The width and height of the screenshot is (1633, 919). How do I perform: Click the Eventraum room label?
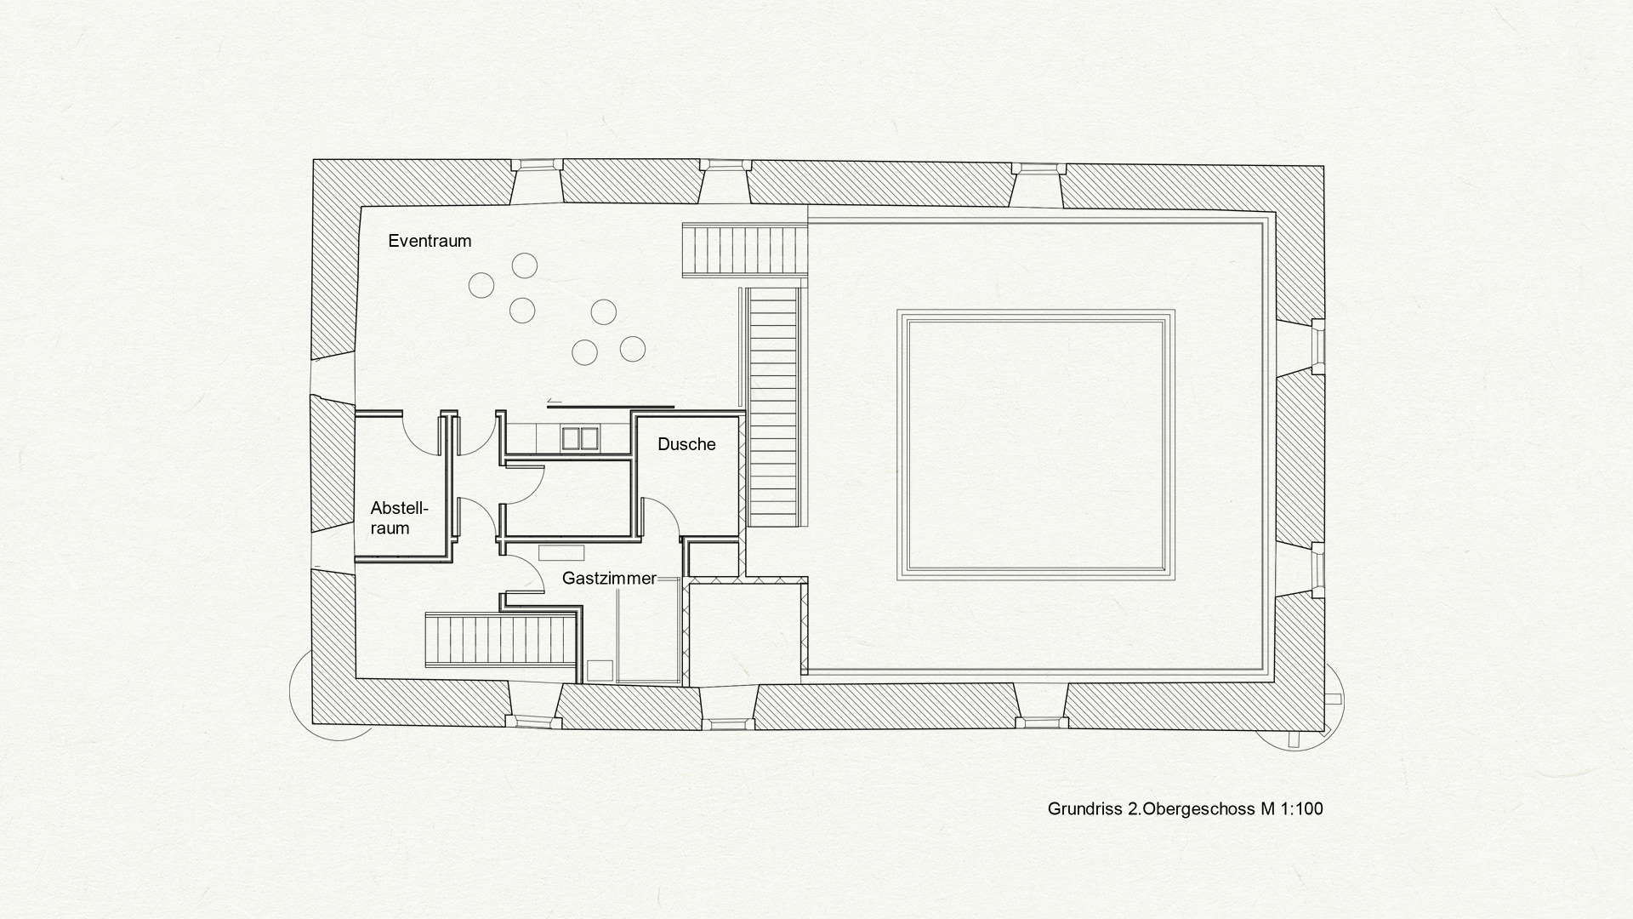click(430, 241)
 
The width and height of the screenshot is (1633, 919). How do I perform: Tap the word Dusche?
click(686, 444)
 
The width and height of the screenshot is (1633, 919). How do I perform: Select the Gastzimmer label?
click(609, 579)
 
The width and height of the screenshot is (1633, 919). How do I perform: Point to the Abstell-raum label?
click(399, 518)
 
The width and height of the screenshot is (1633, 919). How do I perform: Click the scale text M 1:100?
click(1292, 808)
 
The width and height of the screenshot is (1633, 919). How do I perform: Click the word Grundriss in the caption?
click(1085, 808)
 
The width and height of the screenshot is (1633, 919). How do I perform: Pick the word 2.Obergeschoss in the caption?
click(1192, 808)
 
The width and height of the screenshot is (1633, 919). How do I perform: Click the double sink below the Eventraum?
click(580, 438)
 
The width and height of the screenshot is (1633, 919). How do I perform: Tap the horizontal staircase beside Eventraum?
click(744, 249)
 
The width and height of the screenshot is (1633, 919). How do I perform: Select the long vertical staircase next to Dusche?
click(774, 407)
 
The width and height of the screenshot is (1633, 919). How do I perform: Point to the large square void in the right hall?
click(1035, 444)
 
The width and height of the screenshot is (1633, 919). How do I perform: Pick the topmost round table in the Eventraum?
click(525, 265)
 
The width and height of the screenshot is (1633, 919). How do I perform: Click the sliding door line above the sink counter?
click(611, 407)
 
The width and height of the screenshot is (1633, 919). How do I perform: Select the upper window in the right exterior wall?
click(1317, 346)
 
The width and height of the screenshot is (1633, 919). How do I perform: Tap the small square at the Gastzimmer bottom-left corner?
click(600, 671)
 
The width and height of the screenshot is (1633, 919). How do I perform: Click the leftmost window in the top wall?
click(535, 165)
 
